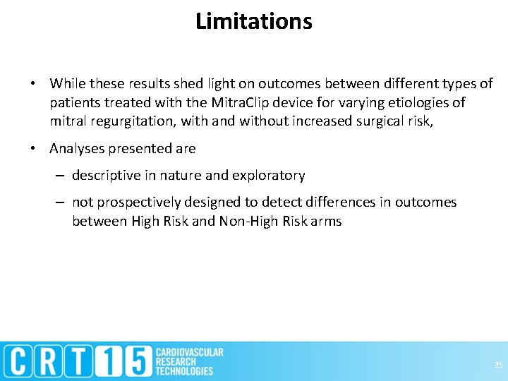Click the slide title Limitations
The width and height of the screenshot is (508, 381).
pos(254,22)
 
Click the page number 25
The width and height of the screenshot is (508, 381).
pos(498,365)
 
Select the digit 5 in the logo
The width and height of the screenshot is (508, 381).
pos(136,361)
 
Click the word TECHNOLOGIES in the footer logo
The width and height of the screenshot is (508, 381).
pos(184,371)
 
